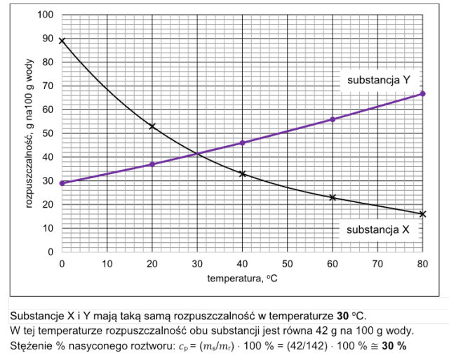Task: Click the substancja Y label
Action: tap(379, 80)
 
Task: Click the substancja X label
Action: tap(378, 229)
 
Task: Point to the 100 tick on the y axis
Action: tap(46, 15)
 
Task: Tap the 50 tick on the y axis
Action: tap(48, 133)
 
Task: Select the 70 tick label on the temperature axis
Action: tap(377, 264)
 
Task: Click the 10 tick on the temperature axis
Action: tap(107, 264)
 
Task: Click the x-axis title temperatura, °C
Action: tap(241, 279)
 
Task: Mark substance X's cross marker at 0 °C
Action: tap(62, 41)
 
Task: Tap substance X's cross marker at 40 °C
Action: tap(242, 173)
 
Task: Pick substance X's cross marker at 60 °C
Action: tap(332, 197)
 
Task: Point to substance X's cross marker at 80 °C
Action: tap(422, 214)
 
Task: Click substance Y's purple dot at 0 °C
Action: tap(62, 183)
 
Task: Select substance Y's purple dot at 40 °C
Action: tap(242, 142)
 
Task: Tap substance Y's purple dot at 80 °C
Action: tap(422, 94)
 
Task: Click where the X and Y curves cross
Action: tap(199, 153)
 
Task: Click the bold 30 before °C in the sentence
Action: tap(342, 315)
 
